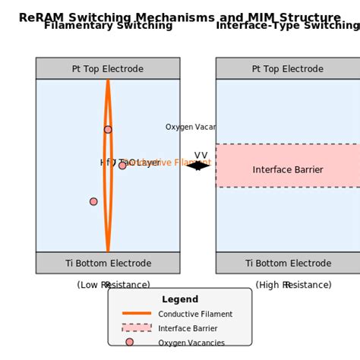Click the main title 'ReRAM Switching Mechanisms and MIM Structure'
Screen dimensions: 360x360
pos(179,17)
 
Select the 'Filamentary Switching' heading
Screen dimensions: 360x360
pos(108,26)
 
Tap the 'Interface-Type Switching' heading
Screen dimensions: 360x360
pos(287,26)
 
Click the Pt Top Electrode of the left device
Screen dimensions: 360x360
pos(108,68)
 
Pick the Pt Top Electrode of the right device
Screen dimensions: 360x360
pos(287,68)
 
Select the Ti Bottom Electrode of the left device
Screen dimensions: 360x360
pos(108,263)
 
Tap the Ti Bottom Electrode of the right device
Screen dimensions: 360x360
pos(287,263)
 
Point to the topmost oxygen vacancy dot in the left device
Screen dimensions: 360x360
pos(108,130)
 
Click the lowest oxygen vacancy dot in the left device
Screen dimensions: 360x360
pos(93,201)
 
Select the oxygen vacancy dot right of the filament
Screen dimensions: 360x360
pos(122,165)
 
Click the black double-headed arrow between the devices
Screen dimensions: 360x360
pos(198,165)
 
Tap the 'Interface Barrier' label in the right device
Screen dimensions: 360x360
pos(287,170)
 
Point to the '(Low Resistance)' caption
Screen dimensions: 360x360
pos(113,285)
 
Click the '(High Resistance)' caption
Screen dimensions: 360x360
pos(293,285)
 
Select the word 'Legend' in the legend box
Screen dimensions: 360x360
pos(180,299)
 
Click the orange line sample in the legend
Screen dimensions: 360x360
pos(137,314)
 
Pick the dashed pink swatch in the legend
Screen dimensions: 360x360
pos(137,328)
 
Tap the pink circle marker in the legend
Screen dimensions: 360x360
pos(129,343)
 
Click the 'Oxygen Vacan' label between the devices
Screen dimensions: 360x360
pos(191,127)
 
